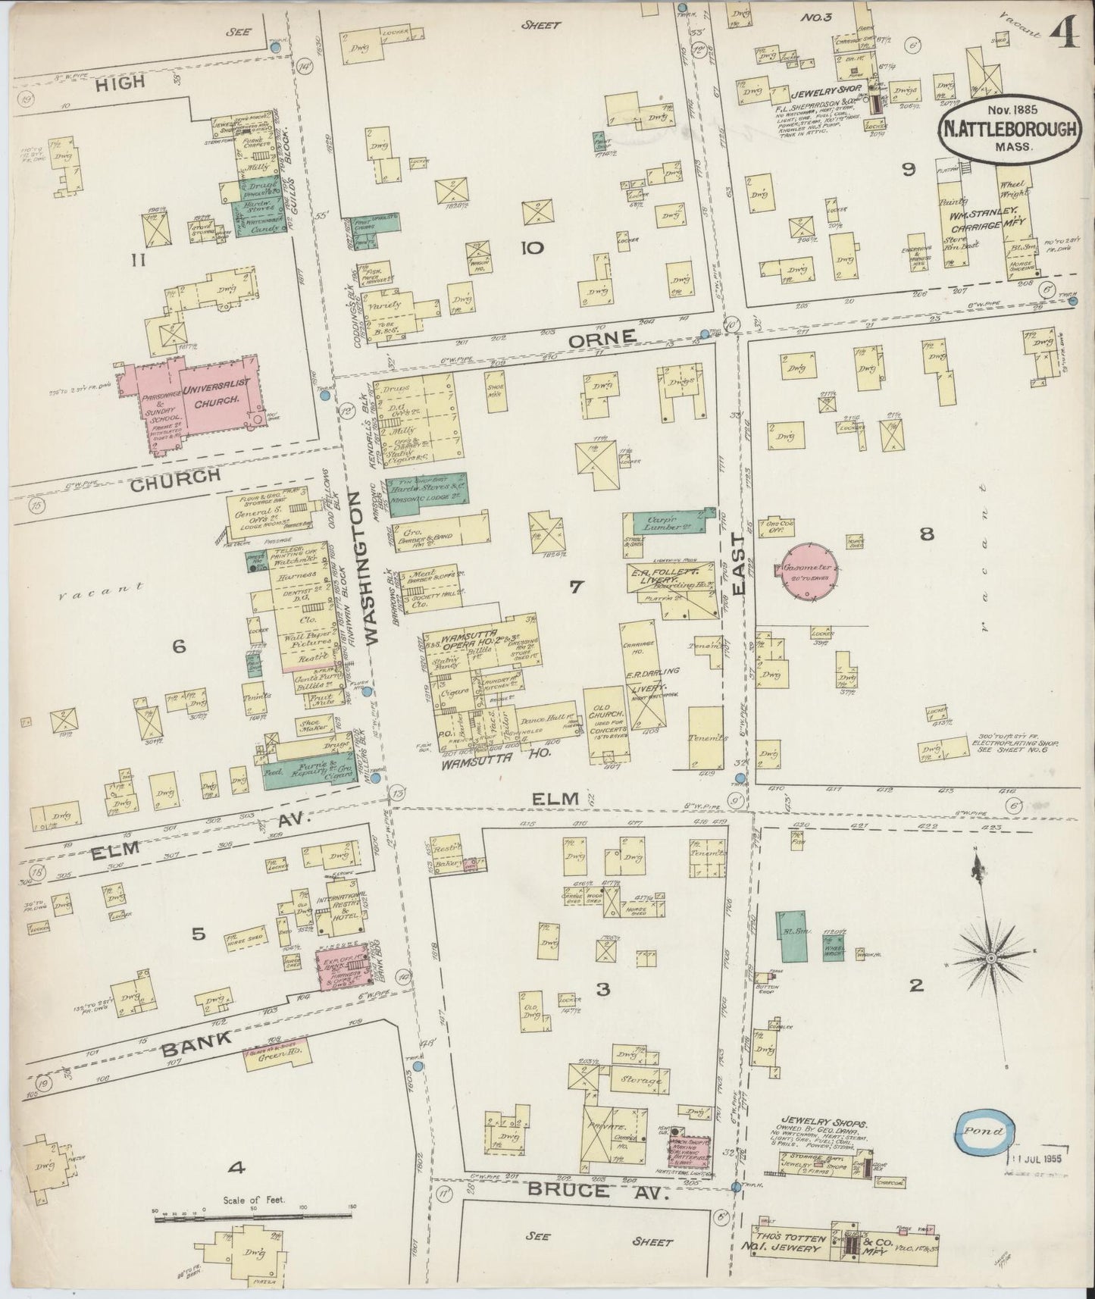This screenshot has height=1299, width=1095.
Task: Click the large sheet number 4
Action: click(x=1068, y=32)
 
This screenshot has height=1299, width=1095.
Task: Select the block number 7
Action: click(x=576, y=587)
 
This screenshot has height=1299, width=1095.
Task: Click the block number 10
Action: click(x=531, y=247)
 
